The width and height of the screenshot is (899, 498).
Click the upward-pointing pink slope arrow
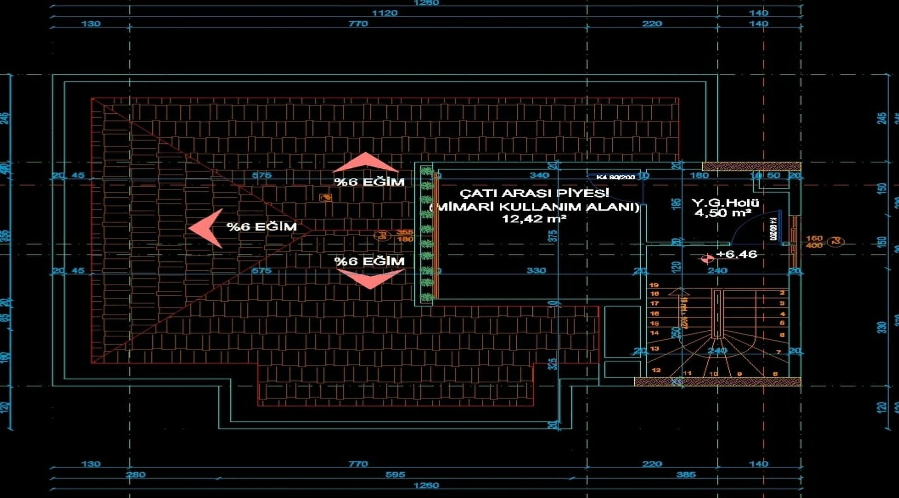pyautogui.click(x=366, y=163)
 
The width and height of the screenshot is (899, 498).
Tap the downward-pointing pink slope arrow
pyautogui.click(x=370, y=279)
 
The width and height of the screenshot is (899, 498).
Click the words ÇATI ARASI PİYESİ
pyautogui.click(x=534, y=193)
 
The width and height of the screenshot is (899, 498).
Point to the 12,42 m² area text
pyautogui.click(x=534, y=219)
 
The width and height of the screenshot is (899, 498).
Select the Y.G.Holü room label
pyautogui.click(x=725, y=203)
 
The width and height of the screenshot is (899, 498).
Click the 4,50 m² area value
pyautogui.click(x=723, y=213)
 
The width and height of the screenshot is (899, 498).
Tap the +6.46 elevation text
pyautogui.click(x=737, y=254)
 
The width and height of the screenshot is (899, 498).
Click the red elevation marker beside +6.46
pyautogui.click(x=707, y=259)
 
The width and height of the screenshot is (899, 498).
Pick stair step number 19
pyautogui.click(x=654, y=285)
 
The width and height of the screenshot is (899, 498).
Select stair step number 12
pyautogui.click(x=656, y=370)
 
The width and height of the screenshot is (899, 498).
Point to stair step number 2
pyautogui.click(x=782, y=293)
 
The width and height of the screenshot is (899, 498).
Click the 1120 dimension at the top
pyautogui.click(x=384, y=13)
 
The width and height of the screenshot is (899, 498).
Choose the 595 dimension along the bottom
pyautogui.click(x=395, y=475)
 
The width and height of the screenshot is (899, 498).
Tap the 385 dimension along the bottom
pyautogui.click(x=686, y=475)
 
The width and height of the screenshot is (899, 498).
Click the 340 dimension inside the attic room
pyautogui.click(x=539, y=175)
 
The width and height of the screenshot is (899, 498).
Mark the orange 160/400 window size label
pyautogui.click(x=814, y=242)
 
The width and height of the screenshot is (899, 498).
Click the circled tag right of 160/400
pyautogui.click(x=836, y=242)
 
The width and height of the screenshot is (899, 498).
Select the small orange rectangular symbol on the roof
pyautogui.click(x=325, y=198)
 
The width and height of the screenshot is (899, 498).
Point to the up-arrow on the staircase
pyautogui.click(x=676, y=292)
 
